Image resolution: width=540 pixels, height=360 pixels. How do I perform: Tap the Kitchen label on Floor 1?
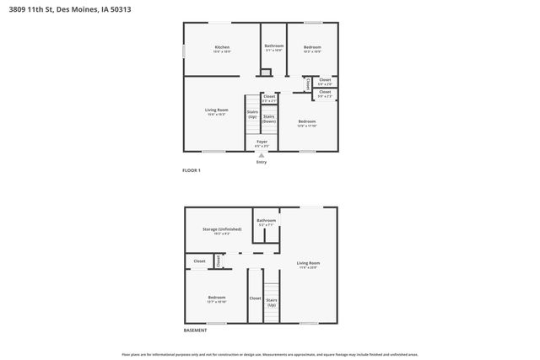222,47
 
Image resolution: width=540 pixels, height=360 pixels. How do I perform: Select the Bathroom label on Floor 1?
274,46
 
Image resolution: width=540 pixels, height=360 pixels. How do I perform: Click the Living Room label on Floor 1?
217,110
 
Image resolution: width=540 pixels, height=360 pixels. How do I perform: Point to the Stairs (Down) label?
269,119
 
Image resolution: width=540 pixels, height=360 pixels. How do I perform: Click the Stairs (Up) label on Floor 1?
251,114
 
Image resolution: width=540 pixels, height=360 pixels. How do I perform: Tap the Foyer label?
262,142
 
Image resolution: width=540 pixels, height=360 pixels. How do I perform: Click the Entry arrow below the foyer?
262,154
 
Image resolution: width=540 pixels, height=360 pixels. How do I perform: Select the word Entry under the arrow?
262,162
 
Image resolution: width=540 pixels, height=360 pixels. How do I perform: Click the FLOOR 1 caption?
192,170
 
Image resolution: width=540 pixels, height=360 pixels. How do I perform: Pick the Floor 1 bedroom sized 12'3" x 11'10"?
307,122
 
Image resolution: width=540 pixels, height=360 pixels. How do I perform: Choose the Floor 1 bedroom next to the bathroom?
312,47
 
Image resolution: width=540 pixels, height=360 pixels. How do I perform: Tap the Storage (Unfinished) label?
222,229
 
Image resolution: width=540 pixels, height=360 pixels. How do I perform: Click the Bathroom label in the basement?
267,221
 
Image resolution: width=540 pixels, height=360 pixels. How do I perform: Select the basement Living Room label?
307,264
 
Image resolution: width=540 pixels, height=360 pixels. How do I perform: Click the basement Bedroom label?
217,298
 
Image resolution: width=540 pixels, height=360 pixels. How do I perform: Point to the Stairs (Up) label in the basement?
272,301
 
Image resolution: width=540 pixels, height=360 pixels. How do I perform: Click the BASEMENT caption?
195,330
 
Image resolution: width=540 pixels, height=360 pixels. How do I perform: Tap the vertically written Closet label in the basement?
218,261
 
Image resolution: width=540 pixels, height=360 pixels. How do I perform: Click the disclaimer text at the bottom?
270,354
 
